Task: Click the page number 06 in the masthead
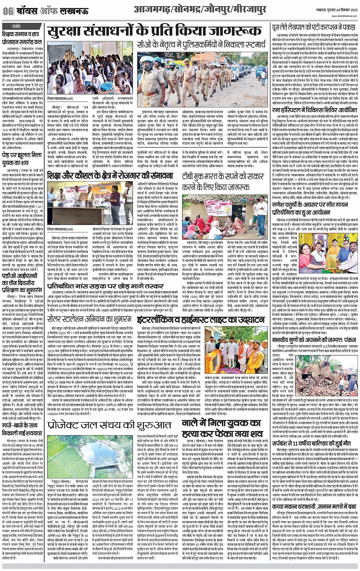pyautogui.click(x=7, y=11)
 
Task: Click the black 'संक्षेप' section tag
pyautogui.click(x=16, y=26)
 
